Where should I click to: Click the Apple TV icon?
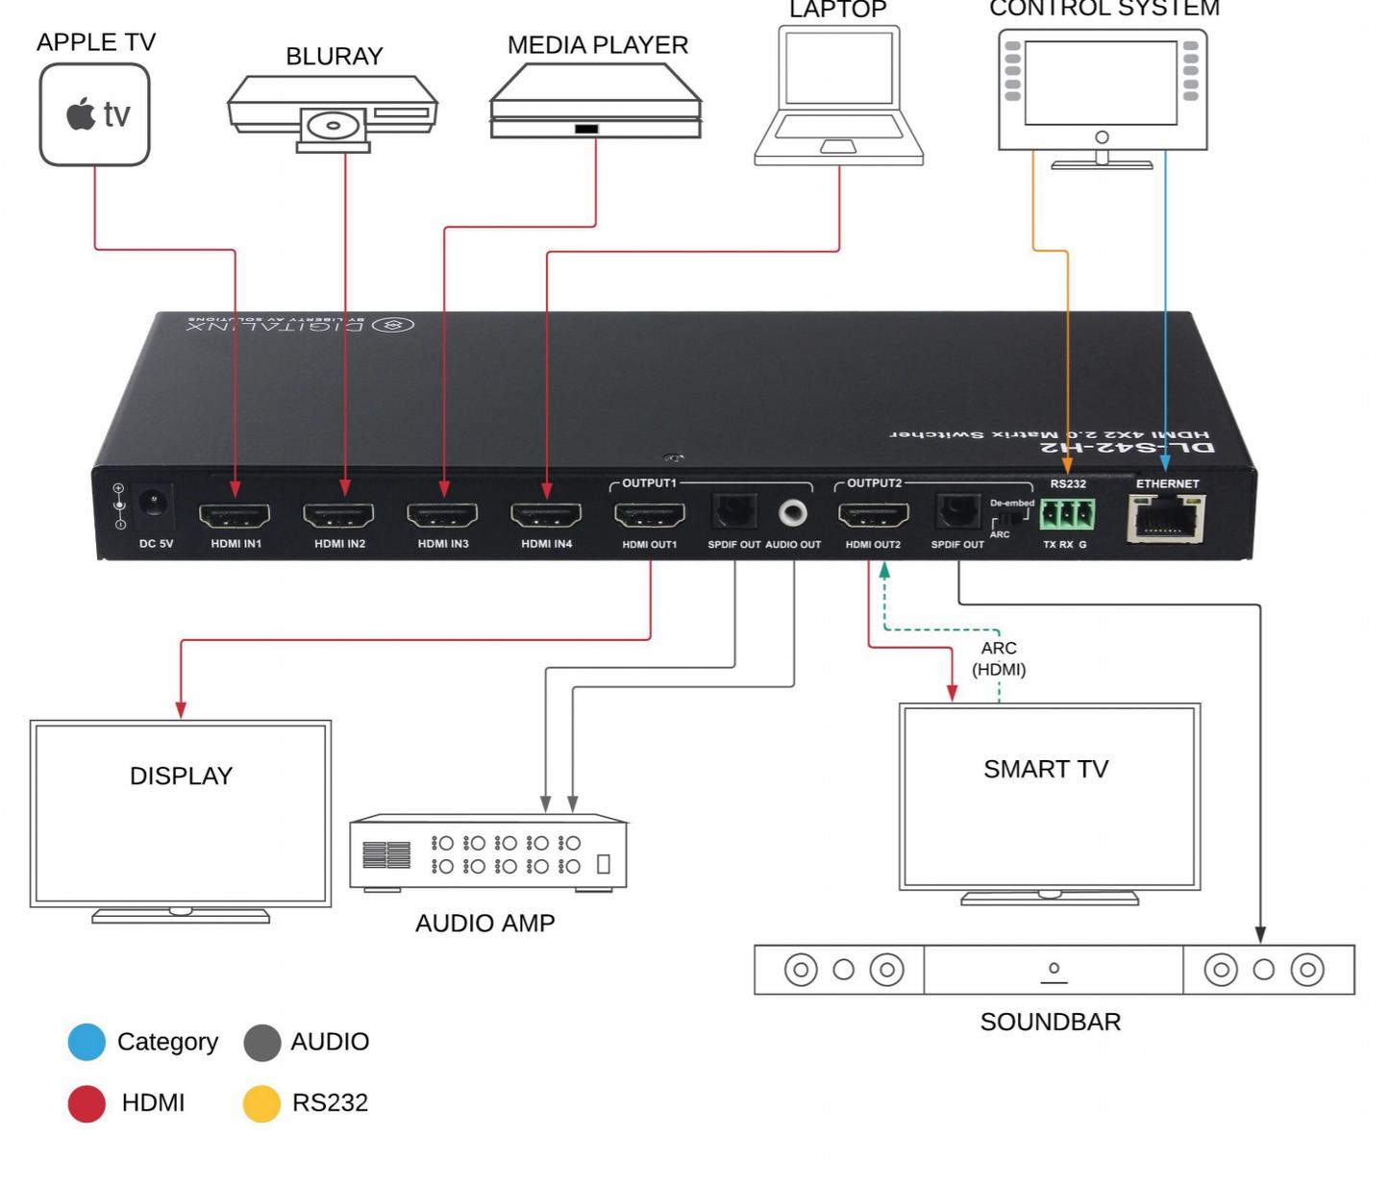tap(94, 114)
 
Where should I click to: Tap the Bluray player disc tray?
tap(334, 126)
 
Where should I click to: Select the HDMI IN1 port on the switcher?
tap(235, 516)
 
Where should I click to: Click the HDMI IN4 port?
tap(546, 516)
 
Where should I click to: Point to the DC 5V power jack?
tap(153, 504)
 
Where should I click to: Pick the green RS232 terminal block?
tap(1067, 514)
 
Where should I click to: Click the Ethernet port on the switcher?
tap(1166, 520)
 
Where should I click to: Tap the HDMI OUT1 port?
tap(650, 516)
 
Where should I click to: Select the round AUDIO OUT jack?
tap(793, 513)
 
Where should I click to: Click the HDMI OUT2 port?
tap(873, 516)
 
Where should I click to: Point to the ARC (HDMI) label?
tap(999, 658)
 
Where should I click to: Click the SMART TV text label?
tap(1046, 769)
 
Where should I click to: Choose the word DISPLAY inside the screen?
tap(181, 776)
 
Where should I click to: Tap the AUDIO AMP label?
tap(484, 923)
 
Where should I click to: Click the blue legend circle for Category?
tap(87, 1042)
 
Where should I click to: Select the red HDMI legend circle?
tap(87, 1103)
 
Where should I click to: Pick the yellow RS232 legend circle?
tap(261, 1103)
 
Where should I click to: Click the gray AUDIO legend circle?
tap(261, 1042)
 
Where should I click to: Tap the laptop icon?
tap(839, 96)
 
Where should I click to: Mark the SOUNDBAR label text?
tap(1050, 1022)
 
